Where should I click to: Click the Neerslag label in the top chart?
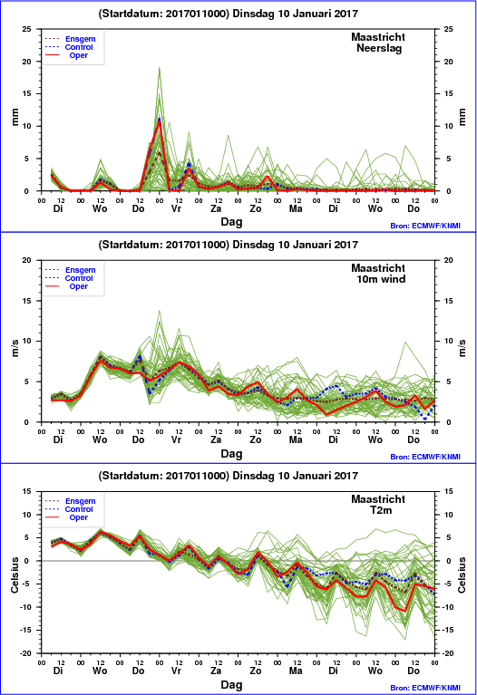coord(379,48)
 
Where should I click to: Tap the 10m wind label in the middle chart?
coord(381,279)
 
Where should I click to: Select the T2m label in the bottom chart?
coord(381,510)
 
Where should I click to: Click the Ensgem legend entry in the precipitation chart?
coord(81,39)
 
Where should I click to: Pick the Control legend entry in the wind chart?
coord(79,278)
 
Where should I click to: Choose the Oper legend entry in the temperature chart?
coord(79,517)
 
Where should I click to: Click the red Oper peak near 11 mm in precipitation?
coord(160,121)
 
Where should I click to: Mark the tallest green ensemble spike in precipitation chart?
coord(160,68)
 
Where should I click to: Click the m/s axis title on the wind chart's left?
coord(15,348)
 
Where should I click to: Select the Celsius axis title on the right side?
coord(462,574)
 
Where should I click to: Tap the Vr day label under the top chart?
coord(176,208)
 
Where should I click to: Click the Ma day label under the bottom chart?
coord(296,671)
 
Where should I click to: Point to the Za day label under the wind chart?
coord(216,439)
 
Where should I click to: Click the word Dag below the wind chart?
coord(231,453)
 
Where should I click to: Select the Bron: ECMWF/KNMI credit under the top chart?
coord(425,226)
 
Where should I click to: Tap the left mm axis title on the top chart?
coord(15,117)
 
